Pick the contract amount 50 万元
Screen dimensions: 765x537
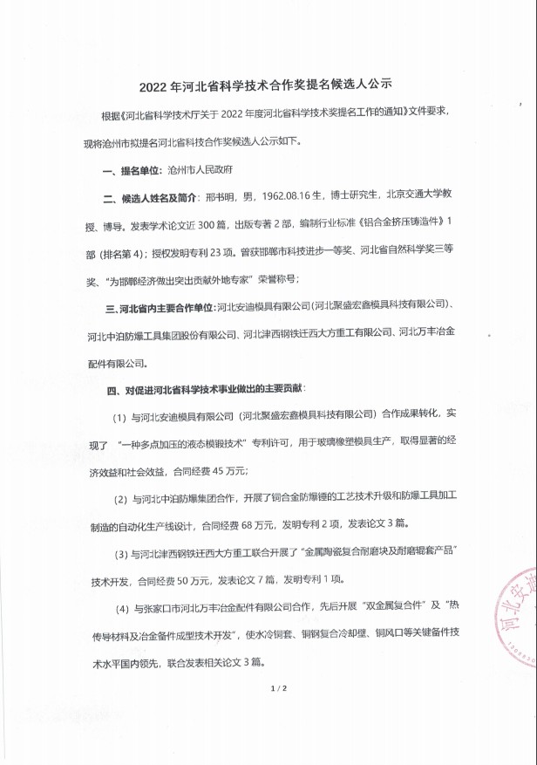[x=201, y=578]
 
